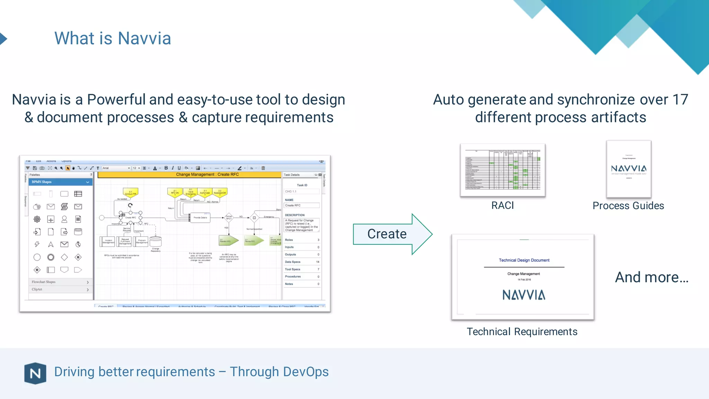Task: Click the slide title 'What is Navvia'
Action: (x=113, y=38)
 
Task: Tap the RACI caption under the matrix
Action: (x=502, y=205)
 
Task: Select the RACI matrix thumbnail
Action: (x=502, y=170)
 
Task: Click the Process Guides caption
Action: (x=628, y=206)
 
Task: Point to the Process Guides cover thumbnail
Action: (x=628, y=169)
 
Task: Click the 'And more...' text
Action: (x=652, y=277)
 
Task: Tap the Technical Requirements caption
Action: (x=522, y=331)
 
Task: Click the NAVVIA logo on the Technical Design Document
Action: (x=523, y=295)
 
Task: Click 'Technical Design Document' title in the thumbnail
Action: (x=524, y=260)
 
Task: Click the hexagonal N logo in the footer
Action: (x=35, y=373)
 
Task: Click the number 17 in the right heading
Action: (x=680, y=100)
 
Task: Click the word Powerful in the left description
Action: (x=116, y=100)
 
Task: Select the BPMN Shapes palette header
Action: (x=60, y=182)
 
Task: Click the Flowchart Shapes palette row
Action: (x=60, y=282)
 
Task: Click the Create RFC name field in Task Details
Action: (x=302, y=205)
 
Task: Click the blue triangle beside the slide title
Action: (x=3, y=38)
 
